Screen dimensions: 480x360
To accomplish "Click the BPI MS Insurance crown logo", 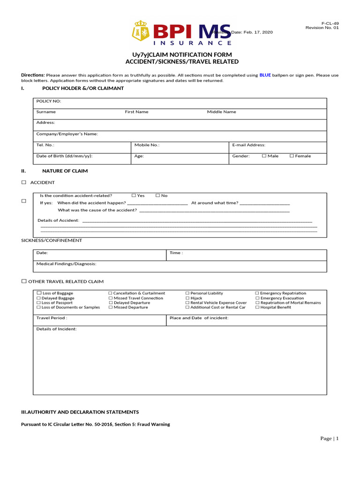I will click(140, 31).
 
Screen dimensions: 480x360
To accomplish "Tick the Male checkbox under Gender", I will click(264, 156).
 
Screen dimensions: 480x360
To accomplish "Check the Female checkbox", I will click(292, 156).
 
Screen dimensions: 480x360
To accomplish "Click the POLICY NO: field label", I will click(49, 101).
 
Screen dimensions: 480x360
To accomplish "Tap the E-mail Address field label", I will click(249, 145).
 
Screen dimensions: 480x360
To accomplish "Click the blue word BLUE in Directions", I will click(265, 75).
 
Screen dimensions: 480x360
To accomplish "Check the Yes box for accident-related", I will click(134, 195).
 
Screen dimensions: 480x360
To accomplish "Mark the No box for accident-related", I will click(157, 195).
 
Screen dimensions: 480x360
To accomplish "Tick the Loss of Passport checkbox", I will click(39, 303).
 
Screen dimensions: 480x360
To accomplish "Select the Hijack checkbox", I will click(187, 298).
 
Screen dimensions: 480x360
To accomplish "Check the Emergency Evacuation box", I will click(257, 298).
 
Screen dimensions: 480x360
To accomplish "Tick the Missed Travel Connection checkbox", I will click(111, 298).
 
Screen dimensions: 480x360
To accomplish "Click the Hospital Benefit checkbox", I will click(257, 307).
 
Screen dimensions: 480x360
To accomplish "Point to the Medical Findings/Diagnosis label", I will click(66, 264).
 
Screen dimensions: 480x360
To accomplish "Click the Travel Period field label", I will click(52, 318).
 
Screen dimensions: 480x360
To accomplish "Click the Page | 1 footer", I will click(329, 438).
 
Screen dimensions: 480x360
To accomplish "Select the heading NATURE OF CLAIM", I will click(65, 171).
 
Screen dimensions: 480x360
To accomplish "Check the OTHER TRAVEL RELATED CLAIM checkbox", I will click(24, 281).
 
